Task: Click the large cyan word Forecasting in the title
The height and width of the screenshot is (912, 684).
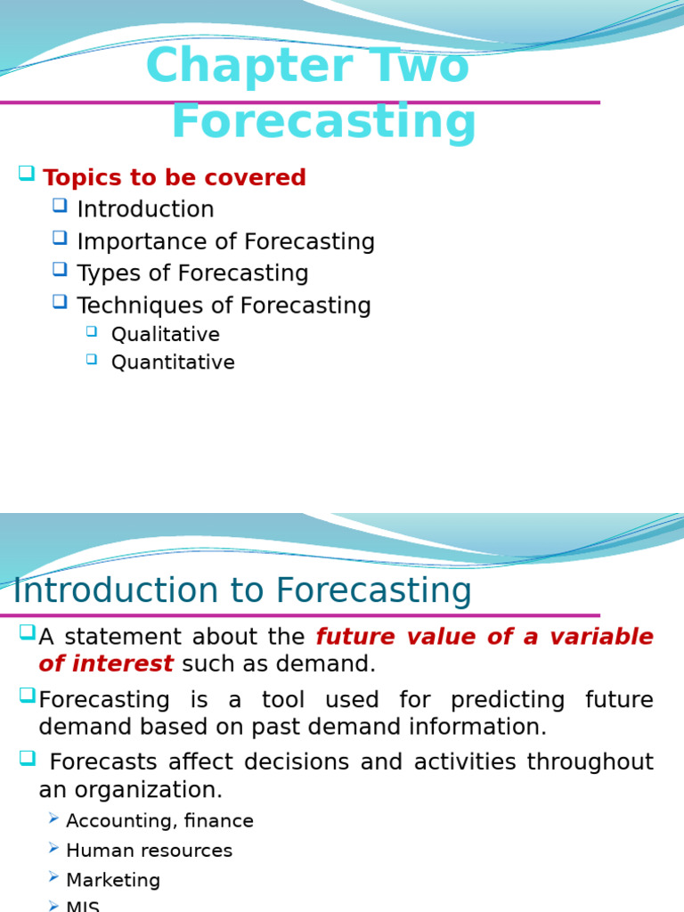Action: [323, 123]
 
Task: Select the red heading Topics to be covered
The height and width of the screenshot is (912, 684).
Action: [174, 178]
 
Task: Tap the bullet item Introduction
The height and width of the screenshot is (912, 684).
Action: [145, 210]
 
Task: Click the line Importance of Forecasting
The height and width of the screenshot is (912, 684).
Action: [225, 242]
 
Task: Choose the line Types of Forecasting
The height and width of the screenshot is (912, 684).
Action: [192, 273]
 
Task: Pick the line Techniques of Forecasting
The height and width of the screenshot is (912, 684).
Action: [224, 305]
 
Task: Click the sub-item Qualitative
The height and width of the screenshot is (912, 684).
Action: [165, 335]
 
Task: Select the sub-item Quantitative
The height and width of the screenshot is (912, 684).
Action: [173, 363]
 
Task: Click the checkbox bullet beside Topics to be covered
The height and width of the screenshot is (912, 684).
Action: [26, 174]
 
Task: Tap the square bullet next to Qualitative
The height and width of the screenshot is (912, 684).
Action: [93, 331]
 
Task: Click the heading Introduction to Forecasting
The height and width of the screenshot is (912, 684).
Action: [242, 591]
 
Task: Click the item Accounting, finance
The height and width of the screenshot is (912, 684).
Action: [159, 821]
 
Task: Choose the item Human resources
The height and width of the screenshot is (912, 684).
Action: [149, 851]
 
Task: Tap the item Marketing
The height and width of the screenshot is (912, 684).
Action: [113, 881]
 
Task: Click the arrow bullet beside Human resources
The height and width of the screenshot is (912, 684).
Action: [54, 849]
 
